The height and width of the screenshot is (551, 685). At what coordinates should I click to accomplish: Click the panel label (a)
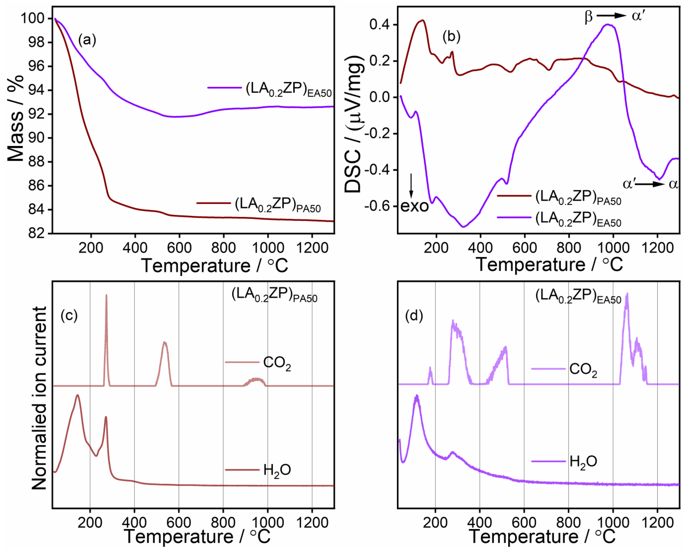click(87, 40)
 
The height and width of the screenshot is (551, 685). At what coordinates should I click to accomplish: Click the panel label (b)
click(451, 37)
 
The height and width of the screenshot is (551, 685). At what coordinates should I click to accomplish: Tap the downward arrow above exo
click(411, 186)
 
